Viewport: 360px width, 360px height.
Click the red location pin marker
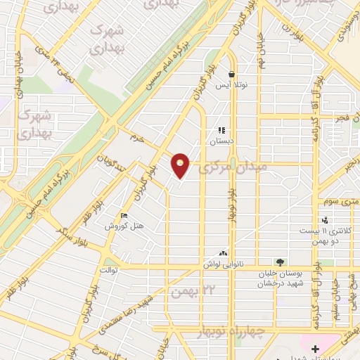pyautogui.click(x=181, y=166)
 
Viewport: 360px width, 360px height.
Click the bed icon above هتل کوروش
pyautogui.click(x=124, y=216)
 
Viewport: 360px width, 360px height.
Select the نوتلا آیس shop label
pyautogui.click(x=231, y=84)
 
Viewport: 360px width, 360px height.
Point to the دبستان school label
pyautogui.click(x=222, y=141)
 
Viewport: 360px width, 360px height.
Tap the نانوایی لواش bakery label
pyautogui.click(x=224, y=263)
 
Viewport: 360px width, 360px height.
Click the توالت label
pyautogui.click(x=108, y=269)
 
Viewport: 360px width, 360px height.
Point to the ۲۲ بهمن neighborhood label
pyautogui.click(x=191, y=291)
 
